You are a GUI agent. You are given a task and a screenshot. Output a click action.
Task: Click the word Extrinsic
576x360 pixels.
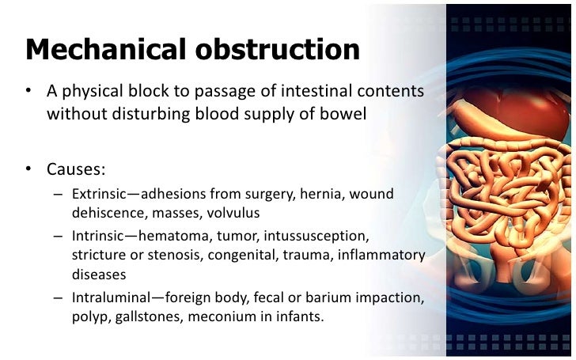(x=97, y=194)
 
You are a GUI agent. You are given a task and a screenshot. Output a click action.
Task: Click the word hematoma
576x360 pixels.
(x=176, y=236)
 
